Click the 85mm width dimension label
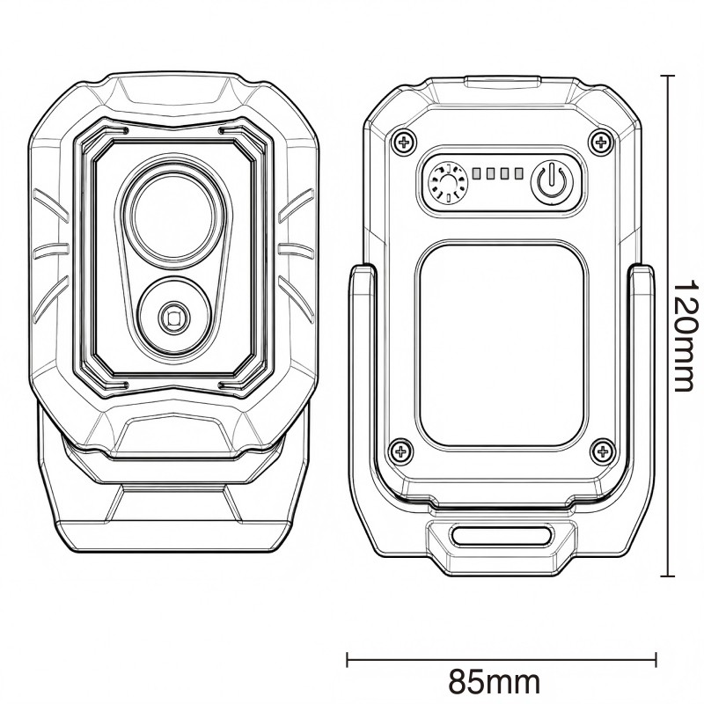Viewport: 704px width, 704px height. coord(495,681)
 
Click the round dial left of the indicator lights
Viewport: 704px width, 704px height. coord(449,183)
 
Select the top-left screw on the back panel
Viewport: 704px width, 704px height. coord(404,143)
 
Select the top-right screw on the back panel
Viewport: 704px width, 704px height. coord(601,143)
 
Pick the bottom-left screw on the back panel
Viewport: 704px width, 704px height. coord(400,451)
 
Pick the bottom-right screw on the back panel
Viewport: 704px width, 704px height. coord(602,451)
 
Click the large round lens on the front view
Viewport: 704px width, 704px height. coord(172,216)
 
